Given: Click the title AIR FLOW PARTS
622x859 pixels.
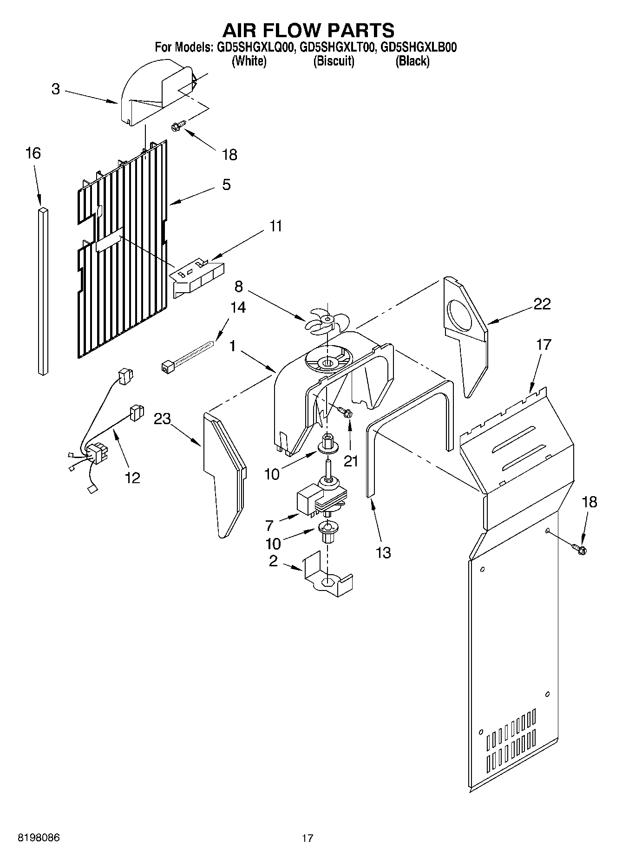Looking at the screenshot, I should pos(308,30).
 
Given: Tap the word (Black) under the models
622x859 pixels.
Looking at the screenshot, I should pos(412,61).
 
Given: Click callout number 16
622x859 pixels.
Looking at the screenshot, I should pos(33,153).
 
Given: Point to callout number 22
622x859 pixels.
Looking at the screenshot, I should pos(542,304).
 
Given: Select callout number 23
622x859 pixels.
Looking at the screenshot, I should pos(163,419).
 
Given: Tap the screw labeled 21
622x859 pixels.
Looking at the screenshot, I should pos(345,412).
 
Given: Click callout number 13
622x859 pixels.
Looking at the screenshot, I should pos(383,552).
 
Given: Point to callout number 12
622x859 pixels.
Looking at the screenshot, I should pos(132,477).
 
